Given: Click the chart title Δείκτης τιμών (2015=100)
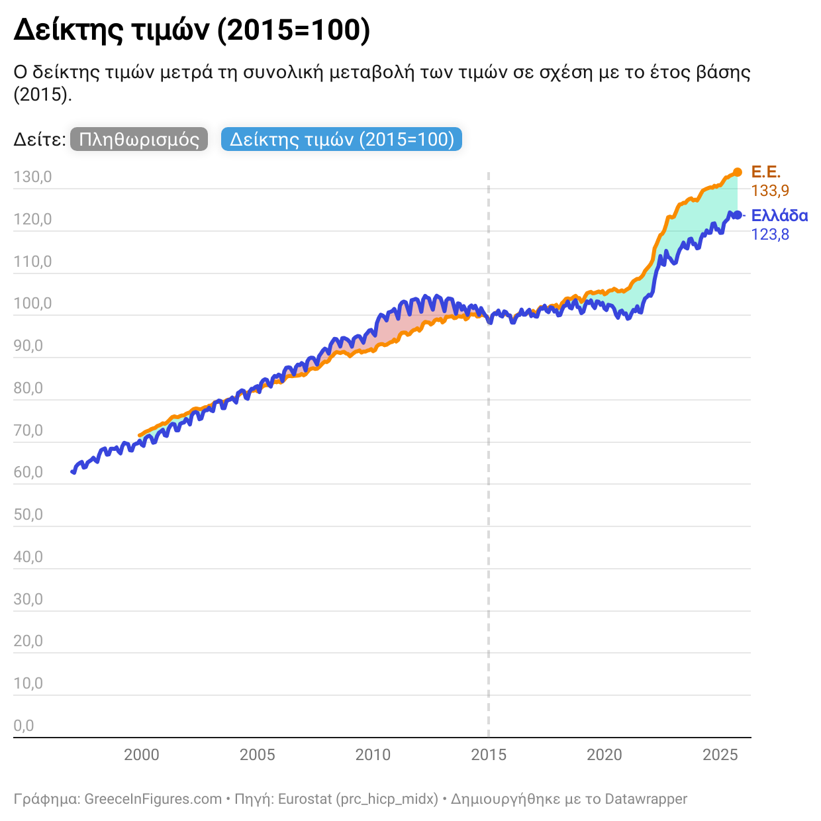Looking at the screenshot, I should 191,30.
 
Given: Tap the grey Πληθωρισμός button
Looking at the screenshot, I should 138,140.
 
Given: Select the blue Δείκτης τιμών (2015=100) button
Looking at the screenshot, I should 342,140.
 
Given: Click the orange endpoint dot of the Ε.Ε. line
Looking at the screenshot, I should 738,172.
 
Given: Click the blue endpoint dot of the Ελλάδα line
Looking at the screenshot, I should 737,215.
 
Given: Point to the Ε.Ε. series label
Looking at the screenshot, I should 765,172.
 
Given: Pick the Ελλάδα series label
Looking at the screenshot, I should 779,216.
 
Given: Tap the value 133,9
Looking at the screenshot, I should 770,191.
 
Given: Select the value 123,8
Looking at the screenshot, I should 770,234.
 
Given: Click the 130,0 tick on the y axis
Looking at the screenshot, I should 32,177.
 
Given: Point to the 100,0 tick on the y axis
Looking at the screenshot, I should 32,304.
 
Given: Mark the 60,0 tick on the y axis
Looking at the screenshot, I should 28,473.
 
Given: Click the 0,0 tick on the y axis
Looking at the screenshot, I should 24,726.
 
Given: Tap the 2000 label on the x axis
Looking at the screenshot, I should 142,755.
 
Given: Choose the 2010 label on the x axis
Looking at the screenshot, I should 373,755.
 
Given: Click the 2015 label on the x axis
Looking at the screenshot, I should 489,755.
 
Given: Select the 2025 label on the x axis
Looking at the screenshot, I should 720,755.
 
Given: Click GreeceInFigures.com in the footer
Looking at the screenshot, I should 153,799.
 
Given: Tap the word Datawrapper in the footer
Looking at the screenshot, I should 646,799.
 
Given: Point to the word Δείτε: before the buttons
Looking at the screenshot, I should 39,140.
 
